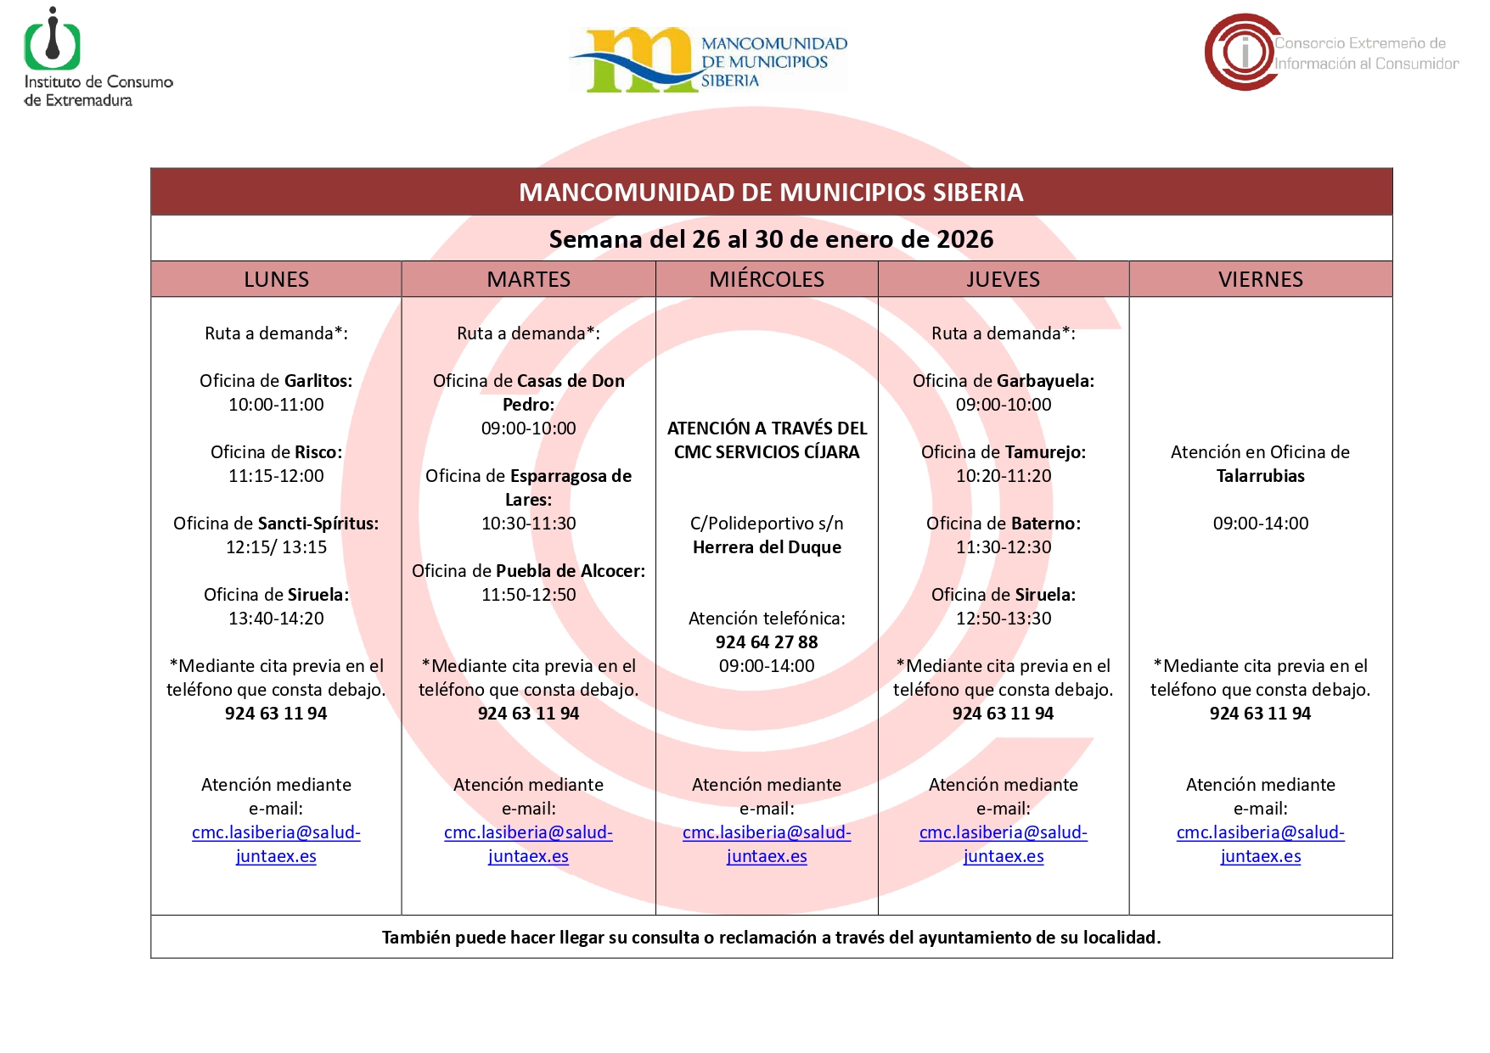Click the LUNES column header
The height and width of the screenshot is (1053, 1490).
(x=276, y=279)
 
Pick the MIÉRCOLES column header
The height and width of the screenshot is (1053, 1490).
(x=766, y=279)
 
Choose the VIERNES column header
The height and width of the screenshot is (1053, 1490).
(x=1260, y=279)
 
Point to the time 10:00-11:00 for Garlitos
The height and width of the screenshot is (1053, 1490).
(x=276, y=405)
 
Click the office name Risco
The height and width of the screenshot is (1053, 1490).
(x=318, y=452)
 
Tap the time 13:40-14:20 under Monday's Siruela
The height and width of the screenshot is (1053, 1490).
(x=276, y=619)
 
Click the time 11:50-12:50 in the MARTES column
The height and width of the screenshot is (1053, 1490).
(x=528, y=595)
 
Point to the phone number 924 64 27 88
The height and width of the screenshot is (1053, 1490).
(x=766, y=642)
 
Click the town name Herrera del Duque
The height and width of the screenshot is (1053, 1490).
(x=766, y=547)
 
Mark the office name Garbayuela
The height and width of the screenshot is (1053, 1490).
(x=1045, y=381)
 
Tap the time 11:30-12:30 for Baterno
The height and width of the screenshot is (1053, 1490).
(x=1003, y=547)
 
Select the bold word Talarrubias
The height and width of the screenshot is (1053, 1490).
(x=1260, y=476)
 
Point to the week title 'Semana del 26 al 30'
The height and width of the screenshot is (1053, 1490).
(x=771, y=239)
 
